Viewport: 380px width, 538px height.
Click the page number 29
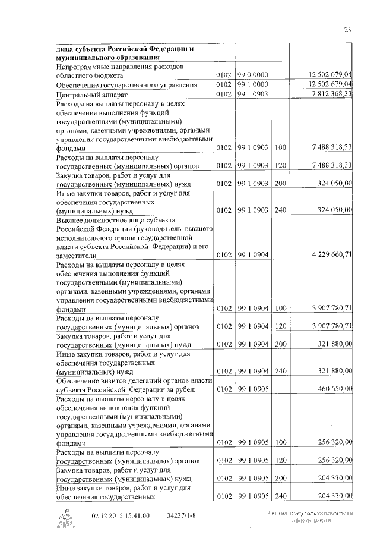pos(349,29)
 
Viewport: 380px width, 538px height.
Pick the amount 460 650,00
pos(335,389)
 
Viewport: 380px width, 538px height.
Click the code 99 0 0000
pos(254,75)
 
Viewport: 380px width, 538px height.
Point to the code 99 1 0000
pos(254,85)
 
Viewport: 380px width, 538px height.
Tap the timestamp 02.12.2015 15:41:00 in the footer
pos(121,515)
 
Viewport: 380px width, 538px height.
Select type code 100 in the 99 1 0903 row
pos(280,147)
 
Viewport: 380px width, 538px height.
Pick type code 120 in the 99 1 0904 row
pos(280,326)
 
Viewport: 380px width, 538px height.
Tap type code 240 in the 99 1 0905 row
pos(280,496)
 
